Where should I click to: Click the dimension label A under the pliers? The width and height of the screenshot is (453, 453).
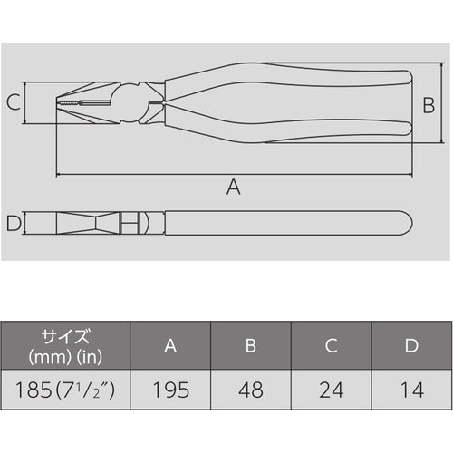pyautogui.click(x=233, y=188)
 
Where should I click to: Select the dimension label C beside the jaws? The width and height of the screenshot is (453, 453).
pyautogui.click(x=13, y=102)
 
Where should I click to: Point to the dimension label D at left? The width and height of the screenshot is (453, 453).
pyautogui.click(x=13, y=223)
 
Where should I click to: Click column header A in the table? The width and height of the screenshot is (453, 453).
pyautogui.click(x=171, y=345)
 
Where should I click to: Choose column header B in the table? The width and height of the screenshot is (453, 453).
pyautogui.click(x=252, y=345)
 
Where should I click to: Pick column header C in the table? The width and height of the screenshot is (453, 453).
pyautogui.click(x=332, y=345)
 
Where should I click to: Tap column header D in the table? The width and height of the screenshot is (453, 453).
pyautogui.click(x=411, y=345)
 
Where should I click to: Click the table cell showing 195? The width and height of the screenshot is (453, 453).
pyautogui.click(x=171, y=390)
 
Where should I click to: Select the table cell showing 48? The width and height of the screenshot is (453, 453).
pyautogui.click(x=252, y=390)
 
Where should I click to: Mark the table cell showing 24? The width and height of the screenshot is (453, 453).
pyautogui.click(x=332, y=390)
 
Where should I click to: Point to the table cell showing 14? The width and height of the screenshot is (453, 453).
pyautogui.click(x=411, y=390)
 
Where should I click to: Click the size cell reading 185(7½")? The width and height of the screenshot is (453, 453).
pyautogui.click(x=65, y=390)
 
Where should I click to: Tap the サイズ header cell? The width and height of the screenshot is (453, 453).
pyautogui.click(x=65, y=345)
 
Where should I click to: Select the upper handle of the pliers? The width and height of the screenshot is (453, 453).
pyautogui.click(x=290, y=85)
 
